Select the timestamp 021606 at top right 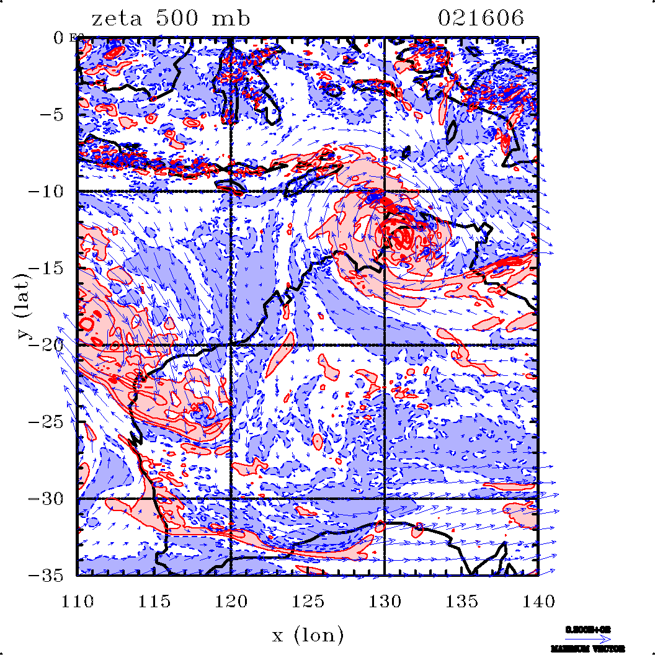[x=481, y=19]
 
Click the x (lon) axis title [x=308, y=635]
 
